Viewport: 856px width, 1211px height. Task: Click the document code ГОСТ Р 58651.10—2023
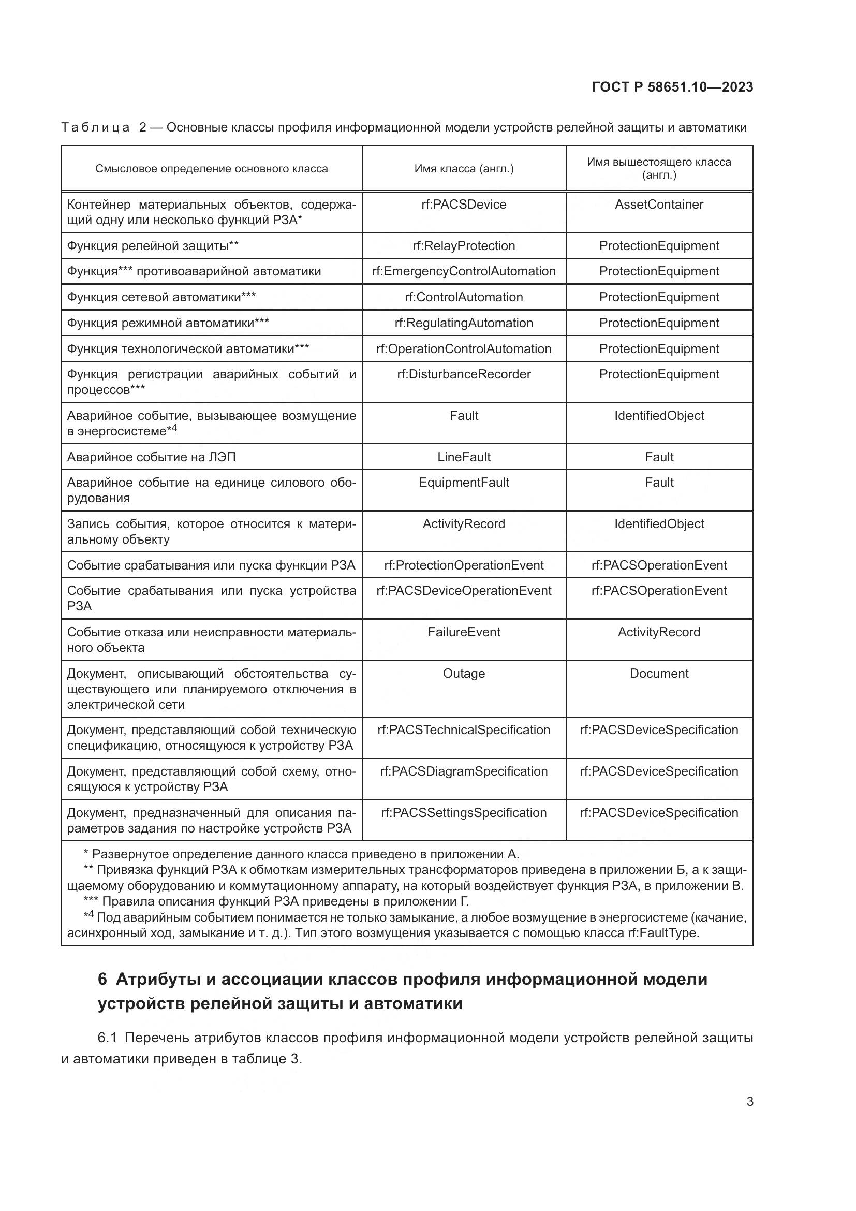[672, 87]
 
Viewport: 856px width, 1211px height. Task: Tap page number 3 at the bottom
[749, 1101]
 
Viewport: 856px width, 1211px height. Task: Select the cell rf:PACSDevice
[464, 205]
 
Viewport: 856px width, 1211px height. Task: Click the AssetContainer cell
[659, 205]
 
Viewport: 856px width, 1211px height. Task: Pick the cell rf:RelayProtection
[464, 246]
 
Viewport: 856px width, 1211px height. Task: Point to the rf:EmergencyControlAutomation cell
[464, 271]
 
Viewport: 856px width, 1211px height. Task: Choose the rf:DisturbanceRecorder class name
[464, 374]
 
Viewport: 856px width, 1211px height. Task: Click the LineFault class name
[464, 457]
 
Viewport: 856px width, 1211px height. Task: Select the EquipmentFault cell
[464, 483]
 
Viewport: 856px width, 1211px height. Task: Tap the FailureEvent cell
[464, 632]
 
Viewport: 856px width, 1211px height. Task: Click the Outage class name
[464, 674]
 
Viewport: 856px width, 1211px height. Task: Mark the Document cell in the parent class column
[659, 674]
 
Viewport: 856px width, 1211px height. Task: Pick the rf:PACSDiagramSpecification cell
[464, 771]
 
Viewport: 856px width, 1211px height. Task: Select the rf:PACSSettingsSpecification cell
[464, 813]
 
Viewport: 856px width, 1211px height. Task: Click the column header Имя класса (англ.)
[464, 169]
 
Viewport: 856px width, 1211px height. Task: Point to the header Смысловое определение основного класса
[211, 169]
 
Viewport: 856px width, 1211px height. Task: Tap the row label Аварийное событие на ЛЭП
[151, 457]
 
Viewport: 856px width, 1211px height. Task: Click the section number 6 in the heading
[102, 979]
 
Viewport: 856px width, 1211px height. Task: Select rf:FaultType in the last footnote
[662, 933]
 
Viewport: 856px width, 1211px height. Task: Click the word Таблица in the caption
[95, 128]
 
